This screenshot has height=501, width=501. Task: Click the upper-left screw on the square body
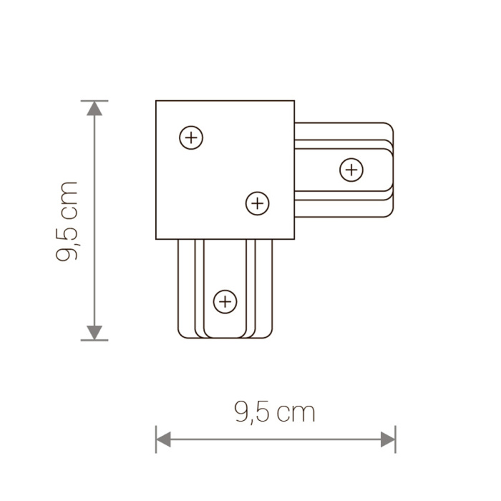coord(191,137)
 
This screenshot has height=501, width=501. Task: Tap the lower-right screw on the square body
coord(257,203)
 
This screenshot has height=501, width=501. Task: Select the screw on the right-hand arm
coord(351,170)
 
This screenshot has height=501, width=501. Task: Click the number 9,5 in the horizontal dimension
coord(253,413)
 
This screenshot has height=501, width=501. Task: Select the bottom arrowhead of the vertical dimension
coord(94,331)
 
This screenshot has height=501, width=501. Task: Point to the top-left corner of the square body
coord(157,102)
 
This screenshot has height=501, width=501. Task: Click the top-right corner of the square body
coord(293,102)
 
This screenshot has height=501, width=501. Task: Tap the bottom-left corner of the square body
coord(157,239)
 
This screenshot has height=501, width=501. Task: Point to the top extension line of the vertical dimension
coord(94,101)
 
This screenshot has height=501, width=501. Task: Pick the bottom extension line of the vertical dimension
coord(94,340)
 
